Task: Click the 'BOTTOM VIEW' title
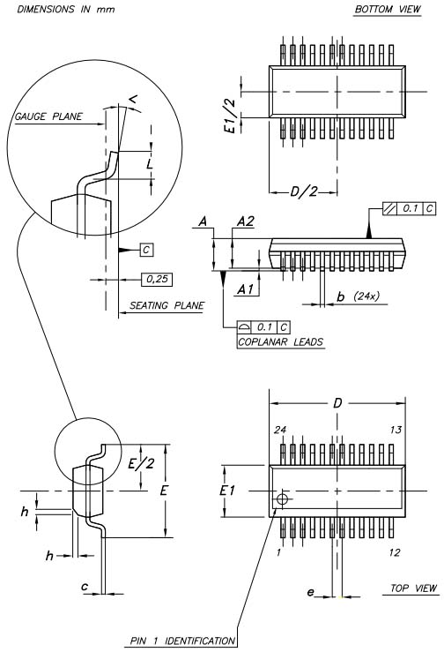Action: click(388, 9)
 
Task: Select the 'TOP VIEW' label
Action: click(413, 588)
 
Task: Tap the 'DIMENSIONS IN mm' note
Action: click(65, 9)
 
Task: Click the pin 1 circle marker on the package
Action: click(282, 498)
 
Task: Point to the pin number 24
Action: click(280, 430)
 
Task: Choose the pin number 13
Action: click(396, 430)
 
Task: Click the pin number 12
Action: click(394, 552)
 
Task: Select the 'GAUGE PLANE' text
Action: click(48, 116)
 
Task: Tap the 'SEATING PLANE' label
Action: click(166, 305)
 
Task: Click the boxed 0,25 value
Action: click(157, 280)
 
